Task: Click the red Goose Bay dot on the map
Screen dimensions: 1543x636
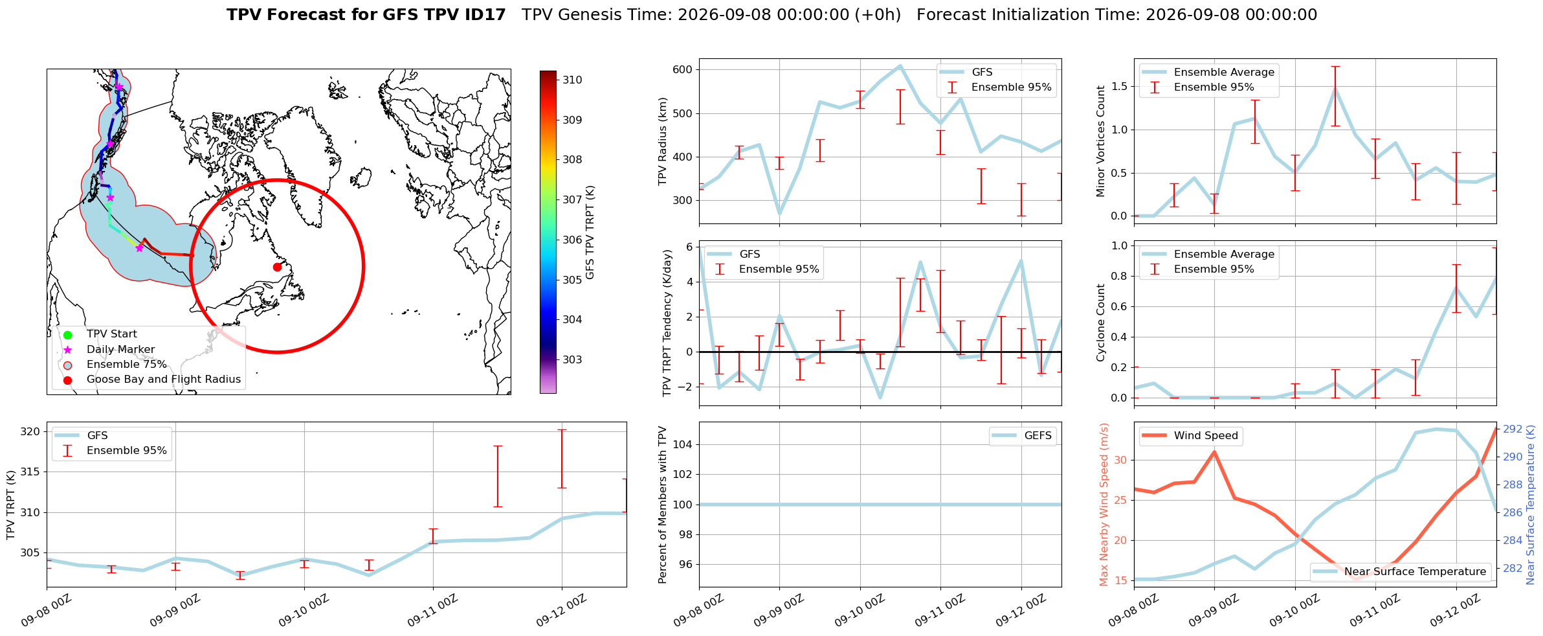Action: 277,267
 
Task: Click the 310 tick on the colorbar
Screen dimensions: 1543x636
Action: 573,80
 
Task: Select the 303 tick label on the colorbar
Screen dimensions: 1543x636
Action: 573,359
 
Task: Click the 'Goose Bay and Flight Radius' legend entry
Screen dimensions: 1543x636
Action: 152,380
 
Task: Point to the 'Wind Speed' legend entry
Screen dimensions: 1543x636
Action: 1190,436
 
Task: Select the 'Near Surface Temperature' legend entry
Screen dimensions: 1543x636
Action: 1402,572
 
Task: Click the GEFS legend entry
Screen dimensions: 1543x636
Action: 1023,436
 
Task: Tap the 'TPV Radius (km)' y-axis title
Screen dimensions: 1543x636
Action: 663,142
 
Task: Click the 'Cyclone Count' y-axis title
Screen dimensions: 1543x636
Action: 1100,323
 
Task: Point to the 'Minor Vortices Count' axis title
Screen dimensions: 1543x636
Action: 1100,141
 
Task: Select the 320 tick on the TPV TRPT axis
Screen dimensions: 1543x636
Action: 30,432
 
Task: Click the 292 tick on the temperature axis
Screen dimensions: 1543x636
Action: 1513,429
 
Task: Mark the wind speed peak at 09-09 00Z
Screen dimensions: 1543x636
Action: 1214,452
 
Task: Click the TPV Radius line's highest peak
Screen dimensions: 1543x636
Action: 900,66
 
